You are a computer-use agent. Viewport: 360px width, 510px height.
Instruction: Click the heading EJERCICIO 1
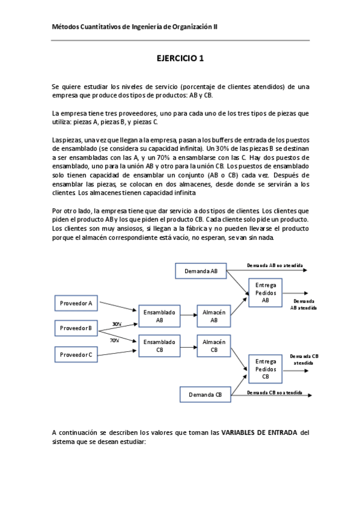(180, 58)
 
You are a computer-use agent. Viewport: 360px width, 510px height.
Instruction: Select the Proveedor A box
(76, 304)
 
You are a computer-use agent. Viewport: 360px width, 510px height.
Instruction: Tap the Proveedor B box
(76, 328)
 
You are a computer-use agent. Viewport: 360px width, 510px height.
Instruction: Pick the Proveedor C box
(76, 355)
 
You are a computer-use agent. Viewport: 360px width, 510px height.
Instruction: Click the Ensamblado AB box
(160, 316)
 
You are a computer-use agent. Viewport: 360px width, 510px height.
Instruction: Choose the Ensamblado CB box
(160, 346)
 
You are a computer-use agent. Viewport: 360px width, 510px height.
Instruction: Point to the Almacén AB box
(214, 316)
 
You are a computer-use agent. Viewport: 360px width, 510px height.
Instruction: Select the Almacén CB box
(214, 346)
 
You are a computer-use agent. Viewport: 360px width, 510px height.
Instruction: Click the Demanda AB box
(201, 271)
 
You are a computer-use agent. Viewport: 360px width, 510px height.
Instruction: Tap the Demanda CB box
(206, 395)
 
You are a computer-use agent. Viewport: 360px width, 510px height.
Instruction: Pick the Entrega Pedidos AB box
(266, 293)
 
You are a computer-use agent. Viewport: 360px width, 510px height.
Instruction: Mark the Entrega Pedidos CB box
(266, 369)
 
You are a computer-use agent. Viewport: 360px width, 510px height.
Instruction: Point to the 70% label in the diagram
(114, 340)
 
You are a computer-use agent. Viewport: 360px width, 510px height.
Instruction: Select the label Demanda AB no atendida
(275, 265)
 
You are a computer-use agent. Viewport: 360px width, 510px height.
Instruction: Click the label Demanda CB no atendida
(275, 392)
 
